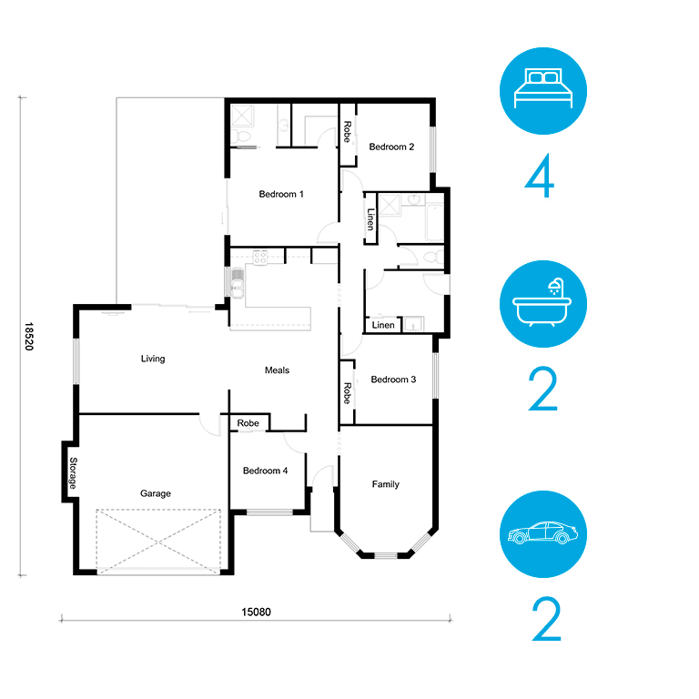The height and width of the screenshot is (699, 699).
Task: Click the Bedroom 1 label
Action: (281, 194)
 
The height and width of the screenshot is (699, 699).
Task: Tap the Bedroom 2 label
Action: (391, 147)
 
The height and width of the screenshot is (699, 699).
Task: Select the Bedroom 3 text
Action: (393, 380)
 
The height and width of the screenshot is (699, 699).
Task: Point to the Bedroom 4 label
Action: (265, 471)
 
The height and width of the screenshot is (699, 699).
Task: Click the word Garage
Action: (156, 493)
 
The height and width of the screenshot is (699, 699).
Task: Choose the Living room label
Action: (153, 359)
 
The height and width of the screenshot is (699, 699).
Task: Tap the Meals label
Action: (277, 370)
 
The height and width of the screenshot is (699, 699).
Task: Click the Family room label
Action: (386, 484)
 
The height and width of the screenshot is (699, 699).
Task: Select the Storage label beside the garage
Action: (73, 473)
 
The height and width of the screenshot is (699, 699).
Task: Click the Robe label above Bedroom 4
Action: (248, 422)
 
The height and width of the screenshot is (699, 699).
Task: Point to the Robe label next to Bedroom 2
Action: (348, 132)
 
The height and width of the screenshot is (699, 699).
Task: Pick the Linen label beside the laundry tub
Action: (383, 325)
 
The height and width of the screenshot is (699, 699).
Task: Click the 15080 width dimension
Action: (256, 612)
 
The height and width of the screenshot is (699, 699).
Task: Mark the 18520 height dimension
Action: (29, 337)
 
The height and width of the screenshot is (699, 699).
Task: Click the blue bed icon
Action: (543, 91)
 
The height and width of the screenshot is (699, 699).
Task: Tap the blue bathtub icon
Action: (543, 304)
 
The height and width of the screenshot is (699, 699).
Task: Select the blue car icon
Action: (543, 534)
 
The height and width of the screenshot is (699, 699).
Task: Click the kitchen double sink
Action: (238, 283)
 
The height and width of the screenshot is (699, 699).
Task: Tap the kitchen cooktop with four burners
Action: (260, 258)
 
